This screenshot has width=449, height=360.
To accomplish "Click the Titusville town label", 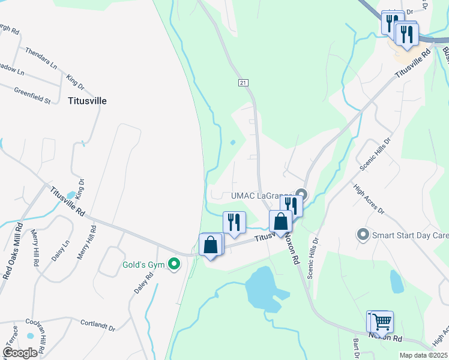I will pyautogui.click(x=87, y=101).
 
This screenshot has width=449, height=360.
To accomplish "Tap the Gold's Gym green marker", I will pyautogui.click(x=174, y=264).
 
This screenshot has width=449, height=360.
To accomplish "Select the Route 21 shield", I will pyautogui.click(x=243, y=82).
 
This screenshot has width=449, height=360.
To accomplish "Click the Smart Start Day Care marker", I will pyautogui.click(x=363, y=235).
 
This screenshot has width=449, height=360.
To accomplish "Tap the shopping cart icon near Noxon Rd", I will pyautogui.click(x=381, y=322).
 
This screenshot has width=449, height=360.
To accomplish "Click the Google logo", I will pyautogui.click(x=20, y=352).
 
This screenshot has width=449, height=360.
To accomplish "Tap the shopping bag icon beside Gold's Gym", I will pyautogui.click(x=211, y=245).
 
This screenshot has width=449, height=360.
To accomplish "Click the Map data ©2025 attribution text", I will pyautogui.click(x=423, y=355).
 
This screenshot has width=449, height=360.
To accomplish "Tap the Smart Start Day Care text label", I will pyautogui.click(x=410, y=235).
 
